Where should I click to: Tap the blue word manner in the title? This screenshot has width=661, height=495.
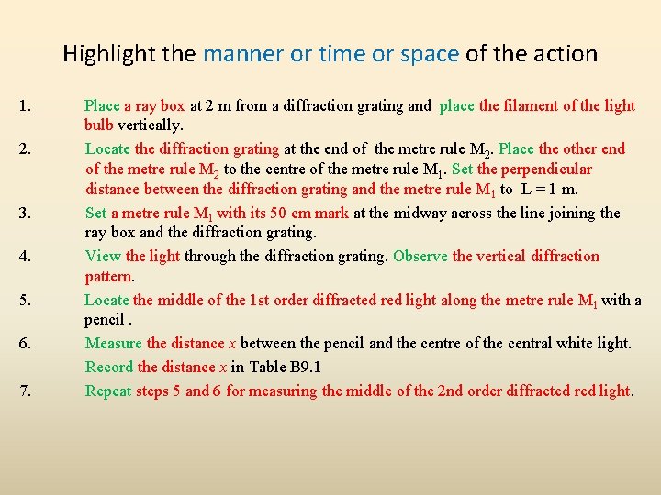coord(244,54)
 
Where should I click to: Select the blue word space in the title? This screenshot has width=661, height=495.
coord(430,54)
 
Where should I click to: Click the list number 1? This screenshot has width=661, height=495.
coord(24,105)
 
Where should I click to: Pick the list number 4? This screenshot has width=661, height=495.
coord(24,257)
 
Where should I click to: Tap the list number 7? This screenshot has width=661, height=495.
coord(24,391)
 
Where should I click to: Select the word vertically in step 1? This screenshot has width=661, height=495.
coord(150,125)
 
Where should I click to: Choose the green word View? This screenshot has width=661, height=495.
coord(103,257)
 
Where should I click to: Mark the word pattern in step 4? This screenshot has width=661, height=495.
coord(109,276)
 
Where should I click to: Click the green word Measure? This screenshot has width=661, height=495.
coord(114,344)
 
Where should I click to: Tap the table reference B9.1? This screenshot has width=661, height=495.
coord(300,368)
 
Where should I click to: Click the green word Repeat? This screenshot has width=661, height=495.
coord(108,391)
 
